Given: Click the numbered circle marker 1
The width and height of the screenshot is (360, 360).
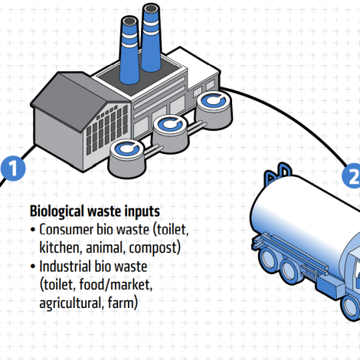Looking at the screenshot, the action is [13, 169].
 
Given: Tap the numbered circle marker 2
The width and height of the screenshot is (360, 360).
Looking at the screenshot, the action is [352, 175].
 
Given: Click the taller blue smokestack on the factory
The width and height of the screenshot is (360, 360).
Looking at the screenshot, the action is [151, 38].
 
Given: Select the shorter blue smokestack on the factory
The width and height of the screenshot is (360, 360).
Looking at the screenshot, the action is [129, 50].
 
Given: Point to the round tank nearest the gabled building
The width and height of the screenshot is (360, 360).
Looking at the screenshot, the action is [127, 158].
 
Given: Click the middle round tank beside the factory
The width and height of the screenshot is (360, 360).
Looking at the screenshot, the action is [171, 134].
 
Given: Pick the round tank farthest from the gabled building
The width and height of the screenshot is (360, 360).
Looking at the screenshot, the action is [214, 110].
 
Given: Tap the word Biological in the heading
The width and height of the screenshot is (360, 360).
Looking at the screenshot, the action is [57, 211].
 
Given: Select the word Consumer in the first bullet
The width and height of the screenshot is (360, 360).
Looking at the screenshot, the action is [66, 230].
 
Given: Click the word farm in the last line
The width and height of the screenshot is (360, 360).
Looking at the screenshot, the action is [120, 303].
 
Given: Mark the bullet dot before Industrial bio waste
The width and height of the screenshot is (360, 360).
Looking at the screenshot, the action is [32, 267].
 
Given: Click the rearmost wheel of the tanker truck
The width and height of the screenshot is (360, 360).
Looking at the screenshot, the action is [268, 258].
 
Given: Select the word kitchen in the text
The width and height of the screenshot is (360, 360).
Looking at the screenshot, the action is [59, 248].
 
